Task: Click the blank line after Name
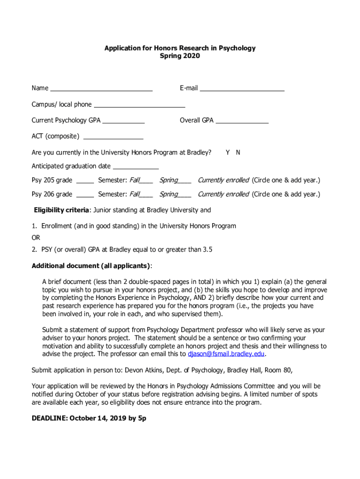[101, 88]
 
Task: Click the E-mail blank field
[242, 88]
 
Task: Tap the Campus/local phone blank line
[139, 105]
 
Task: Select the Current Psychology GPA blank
[123, 121]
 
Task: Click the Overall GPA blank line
[242, 121]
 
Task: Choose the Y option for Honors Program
[228, 152]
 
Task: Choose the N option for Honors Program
[238, 152]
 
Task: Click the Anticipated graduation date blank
[136, 167]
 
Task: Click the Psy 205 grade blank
[85, 181]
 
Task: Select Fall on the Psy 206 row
[135, 194]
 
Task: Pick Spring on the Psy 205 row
[169, 181]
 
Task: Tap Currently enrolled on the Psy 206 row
[223, 194]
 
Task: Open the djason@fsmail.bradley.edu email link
[226, 354]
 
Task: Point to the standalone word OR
[36, 238]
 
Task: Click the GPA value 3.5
[207, 250]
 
